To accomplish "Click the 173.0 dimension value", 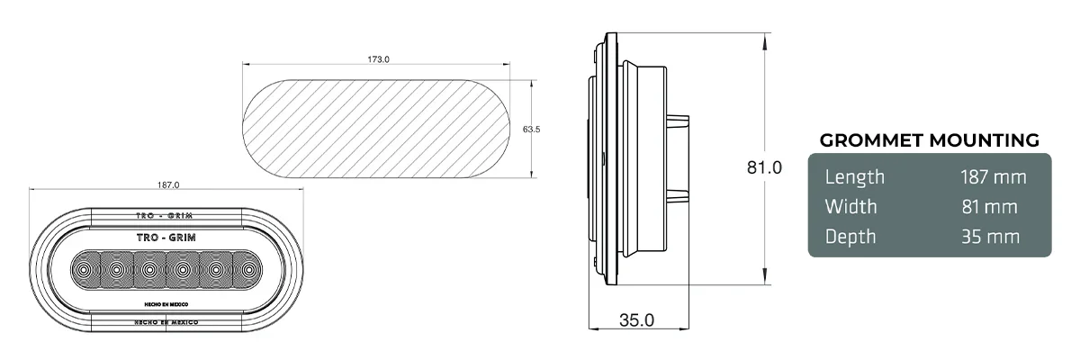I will click(x=378, y=59).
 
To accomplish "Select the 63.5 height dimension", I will click(x=531, y=130).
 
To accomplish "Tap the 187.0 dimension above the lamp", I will click(x=168, y=184).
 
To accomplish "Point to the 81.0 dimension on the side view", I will click(x=764, y=167).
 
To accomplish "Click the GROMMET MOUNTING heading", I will click(x=929, y=140).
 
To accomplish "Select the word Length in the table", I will click(x=855, y=177).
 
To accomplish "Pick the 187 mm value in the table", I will click(x=993, y=177).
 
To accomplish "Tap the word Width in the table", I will click(x=850, y=207).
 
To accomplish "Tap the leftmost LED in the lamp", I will click(x=84, y=269).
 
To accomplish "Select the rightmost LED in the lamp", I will click(x=247, y=269).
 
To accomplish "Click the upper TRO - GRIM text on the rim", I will click(x=168, y=217).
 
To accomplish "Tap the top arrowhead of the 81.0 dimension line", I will click(x=765, y=38).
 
